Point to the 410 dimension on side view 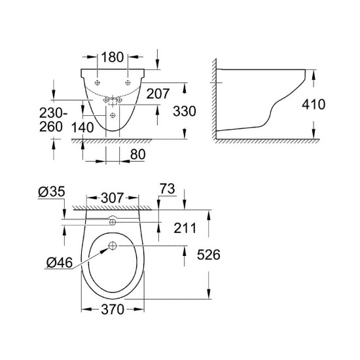313,105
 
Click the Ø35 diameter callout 50,192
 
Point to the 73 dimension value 166,190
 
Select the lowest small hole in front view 115,115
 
